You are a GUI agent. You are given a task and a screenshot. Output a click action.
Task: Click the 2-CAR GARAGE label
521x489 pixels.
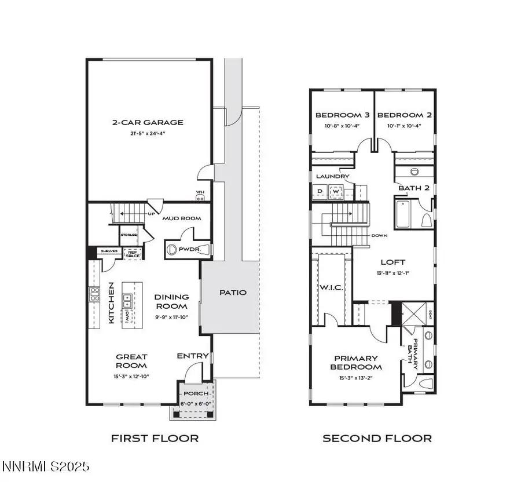(148, 122)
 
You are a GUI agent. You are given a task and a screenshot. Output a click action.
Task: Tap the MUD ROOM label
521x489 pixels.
(181, 218)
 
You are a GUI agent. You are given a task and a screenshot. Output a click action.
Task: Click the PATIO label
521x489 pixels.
(233, 293)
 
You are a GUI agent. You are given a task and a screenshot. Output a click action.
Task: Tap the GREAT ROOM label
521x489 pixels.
(131, 361)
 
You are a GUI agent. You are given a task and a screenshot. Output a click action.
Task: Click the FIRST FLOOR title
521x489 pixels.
(155, 438)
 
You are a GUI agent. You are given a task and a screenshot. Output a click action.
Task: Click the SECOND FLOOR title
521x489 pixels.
(377, 438)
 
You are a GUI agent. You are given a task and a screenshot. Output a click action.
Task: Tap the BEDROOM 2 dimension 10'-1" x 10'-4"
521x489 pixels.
(404, 125)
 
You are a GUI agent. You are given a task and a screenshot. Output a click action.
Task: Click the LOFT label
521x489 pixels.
(392, 262)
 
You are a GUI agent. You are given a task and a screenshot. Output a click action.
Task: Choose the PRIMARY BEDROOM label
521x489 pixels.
(355, 363)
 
